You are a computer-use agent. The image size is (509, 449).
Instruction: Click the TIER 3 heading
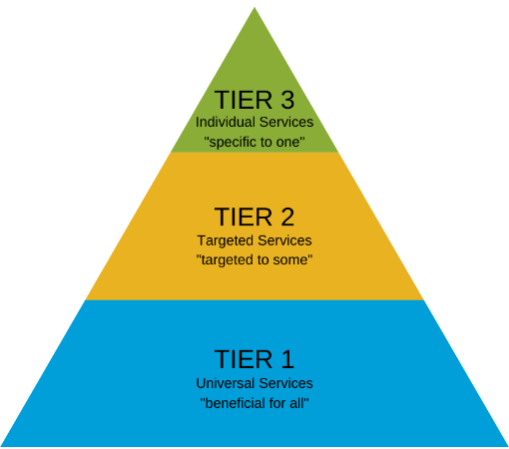(254, 100)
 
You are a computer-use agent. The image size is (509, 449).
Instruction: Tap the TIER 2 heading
(254, 218)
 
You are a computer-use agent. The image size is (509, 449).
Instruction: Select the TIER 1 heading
(254, 359)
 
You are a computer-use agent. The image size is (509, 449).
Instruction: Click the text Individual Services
(254, 122)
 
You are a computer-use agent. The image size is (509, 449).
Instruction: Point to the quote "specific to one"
(254, 143)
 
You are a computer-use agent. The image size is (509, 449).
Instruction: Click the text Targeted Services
(254, 240)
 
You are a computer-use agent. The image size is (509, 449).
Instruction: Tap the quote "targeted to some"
(254, 260)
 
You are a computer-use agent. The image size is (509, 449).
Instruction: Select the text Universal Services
(254, 383)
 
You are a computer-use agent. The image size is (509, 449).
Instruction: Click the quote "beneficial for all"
(254, 403)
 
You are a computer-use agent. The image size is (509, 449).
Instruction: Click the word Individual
(226, 122)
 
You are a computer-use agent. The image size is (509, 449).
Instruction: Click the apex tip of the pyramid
(254, 9)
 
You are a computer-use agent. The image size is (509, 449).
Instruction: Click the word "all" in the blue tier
(297, 403)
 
